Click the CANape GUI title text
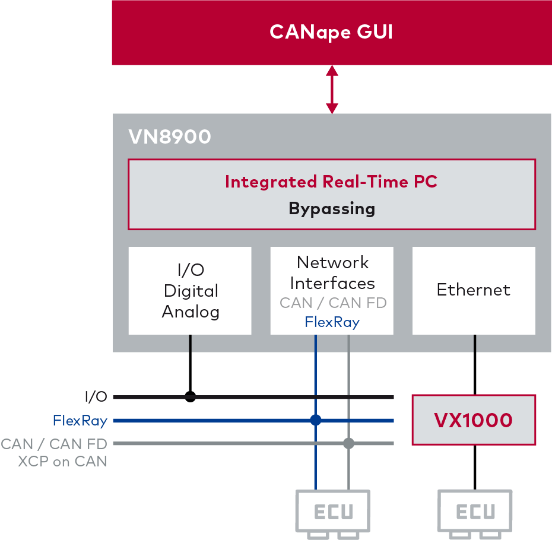(x=331, y=31)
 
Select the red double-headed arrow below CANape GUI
(x=332, y=90)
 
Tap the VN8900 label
(x=170, y=137)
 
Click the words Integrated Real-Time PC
(x=331, y=182)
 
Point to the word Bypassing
(x=332, y=209)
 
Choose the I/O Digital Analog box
(x=190, y=291)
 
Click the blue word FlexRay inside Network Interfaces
(x=332, y=322)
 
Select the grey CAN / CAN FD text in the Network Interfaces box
(x=333, y=303)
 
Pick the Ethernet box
(x=474, y=290)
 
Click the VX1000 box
(x=474, y=420)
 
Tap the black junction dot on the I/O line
(x=190, y=397)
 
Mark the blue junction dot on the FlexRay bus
(x=315, y=420)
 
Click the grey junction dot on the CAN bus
(x=348, y=443)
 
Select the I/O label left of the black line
(x=96, y=397)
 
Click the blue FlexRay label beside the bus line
(x=80, y=421)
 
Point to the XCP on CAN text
(x=62, y=461)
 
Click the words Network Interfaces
(x=332, y=272)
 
